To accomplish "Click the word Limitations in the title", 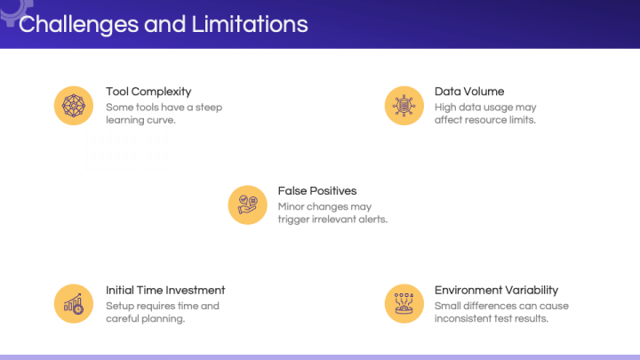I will click(x=250, y=24).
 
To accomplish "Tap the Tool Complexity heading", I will click(x=148, y=92).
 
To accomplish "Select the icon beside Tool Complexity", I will click(x=73, y=105).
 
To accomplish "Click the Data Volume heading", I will click(x=468, y=92).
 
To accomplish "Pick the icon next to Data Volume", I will click(x=404, y=105).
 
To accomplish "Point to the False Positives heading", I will click(x=316, y=190).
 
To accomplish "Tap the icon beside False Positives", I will click(x=247, y=204).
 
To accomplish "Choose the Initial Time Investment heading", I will click(x=165, y=290).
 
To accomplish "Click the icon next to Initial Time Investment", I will click(x=73, y=304).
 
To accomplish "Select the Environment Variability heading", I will click(x=496, y=290).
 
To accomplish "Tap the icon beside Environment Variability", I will click(x=404, y=304).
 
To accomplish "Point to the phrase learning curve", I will click(x=140, y=121).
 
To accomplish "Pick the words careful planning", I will click(x=145, y=319).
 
